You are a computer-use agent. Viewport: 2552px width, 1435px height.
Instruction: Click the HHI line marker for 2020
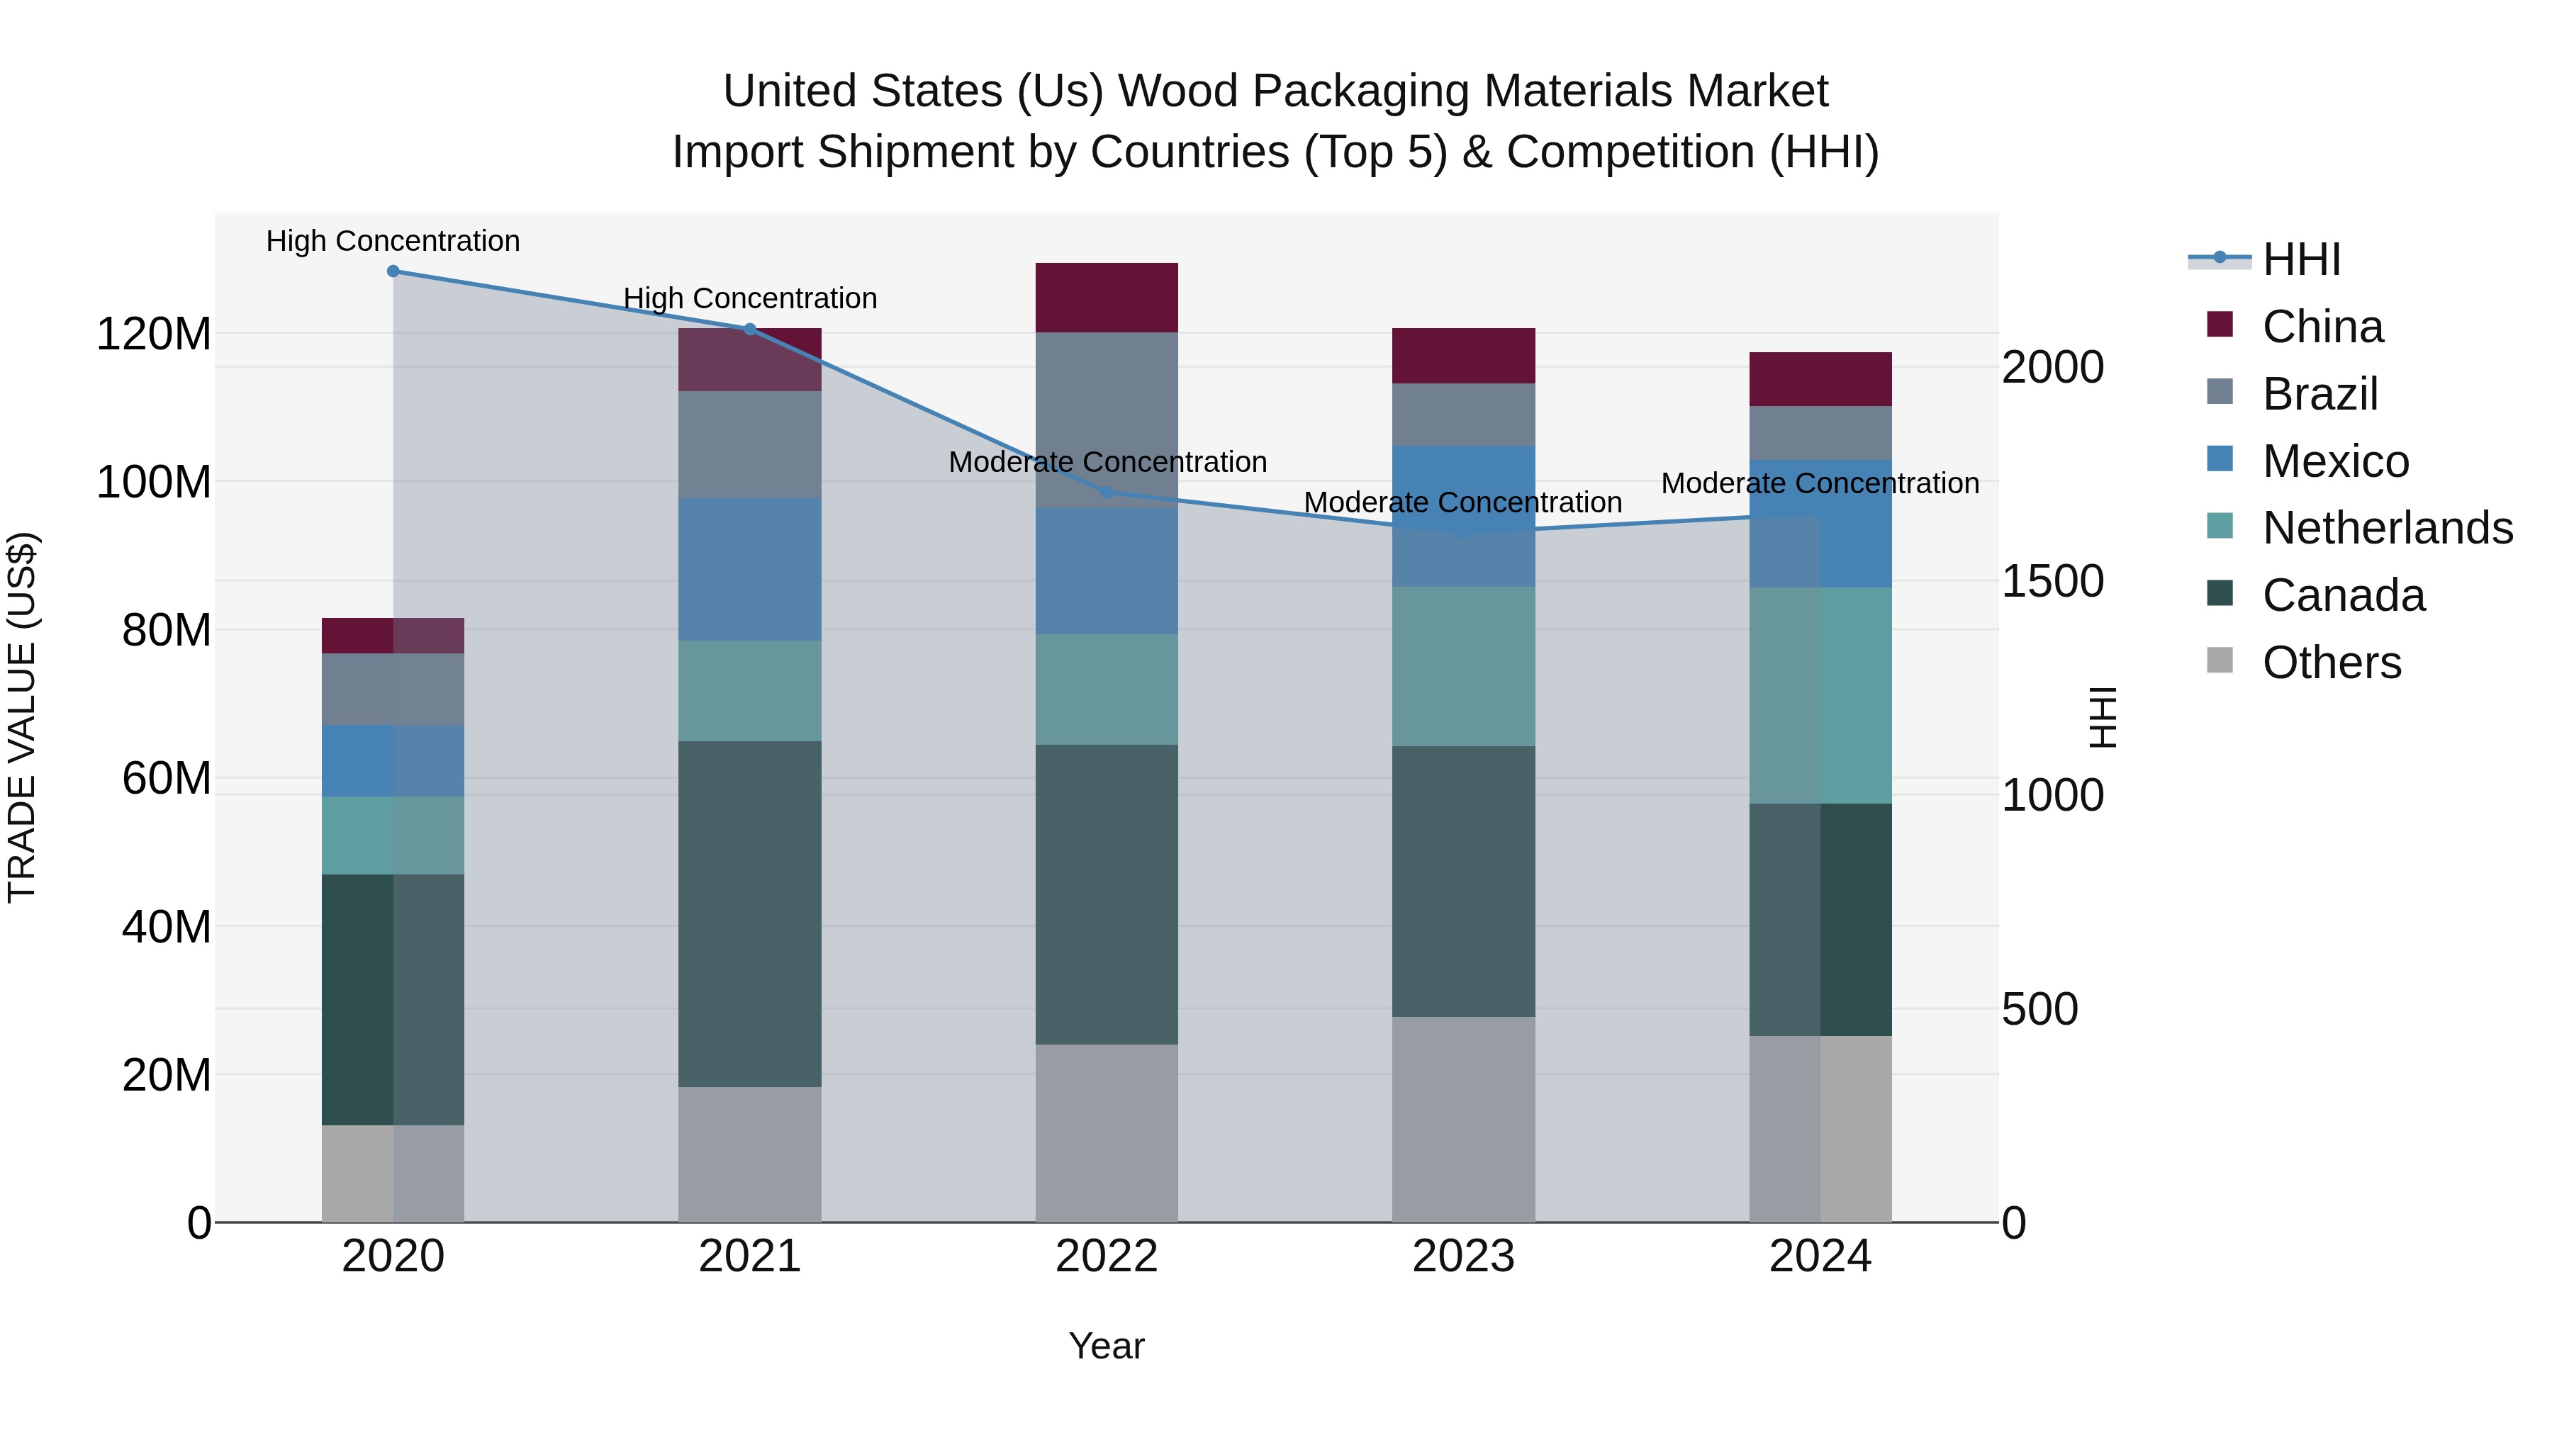click(393, 271)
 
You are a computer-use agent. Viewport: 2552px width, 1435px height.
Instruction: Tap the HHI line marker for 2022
click(1107, 493)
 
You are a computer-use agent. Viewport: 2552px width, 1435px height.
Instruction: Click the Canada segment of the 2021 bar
click(750, 913)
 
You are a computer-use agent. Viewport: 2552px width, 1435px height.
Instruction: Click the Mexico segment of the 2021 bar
click(750, 570)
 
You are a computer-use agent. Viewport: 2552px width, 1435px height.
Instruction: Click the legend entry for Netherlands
click(2388, 528)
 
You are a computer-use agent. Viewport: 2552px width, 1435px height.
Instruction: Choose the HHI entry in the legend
click(2301, 259)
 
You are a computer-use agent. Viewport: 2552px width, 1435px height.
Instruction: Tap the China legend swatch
click(2220, 325)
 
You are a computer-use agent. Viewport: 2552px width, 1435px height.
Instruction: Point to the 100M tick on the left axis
click(154, 483)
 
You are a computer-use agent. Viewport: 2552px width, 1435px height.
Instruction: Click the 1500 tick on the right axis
click(2052, 581)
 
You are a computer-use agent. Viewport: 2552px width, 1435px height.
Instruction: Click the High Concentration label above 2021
click(750, 298)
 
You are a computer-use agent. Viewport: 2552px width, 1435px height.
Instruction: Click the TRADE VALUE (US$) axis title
click(22, 717)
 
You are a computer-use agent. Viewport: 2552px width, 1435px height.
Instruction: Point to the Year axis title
click(1107, 1346)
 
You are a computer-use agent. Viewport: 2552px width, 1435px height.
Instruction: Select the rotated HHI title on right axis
click(2101, 717)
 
